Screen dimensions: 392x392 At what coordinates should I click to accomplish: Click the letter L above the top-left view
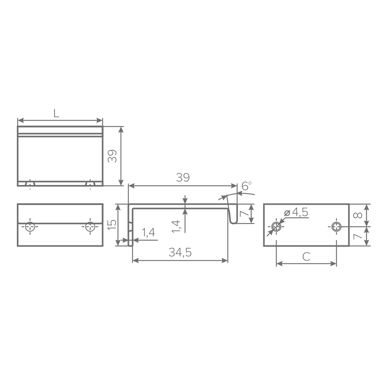coord(56,113)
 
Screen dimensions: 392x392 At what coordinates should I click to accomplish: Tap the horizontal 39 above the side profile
coord(182,178)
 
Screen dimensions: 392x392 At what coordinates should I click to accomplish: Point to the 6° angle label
coord(246,186)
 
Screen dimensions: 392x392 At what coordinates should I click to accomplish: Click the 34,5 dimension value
coord(180,253)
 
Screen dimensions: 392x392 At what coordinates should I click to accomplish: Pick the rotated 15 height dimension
coord(112,224)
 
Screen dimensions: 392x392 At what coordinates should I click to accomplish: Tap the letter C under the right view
coord(307,257)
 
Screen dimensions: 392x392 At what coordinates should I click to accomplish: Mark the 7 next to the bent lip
coord(243,214)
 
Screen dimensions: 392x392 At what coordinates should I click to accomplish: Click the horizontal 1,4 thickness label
coord(148,232)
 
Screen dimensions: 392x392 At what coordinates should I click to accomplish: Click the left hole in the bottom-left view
coord(30,227)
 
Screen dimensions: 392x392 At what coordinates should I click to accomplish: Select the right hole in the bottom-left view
coord(90,227)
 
